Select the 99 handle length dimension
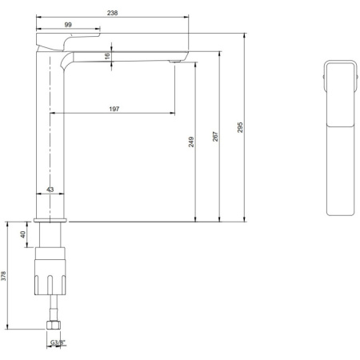click(x=69, y=26)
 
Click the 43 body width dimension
click(x=50, y=190)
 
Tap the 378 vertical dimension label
click(x=5, y=276)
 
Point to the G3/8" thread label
click(x=58, y=342)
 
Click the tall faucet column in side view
click(x=50, y=128)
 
